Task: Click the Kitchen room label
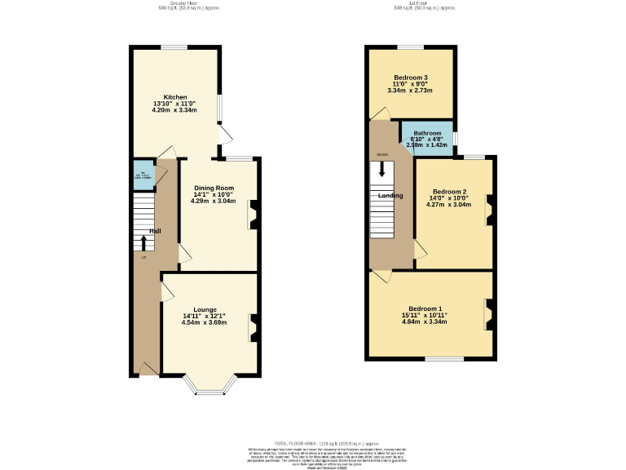click(175, 96)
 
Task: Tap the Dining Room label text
click(214, 188)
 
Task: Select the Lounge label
click(205, 309)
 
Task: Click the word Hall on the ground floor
click(154, 231)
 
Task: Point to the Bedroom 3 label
click(411, 78)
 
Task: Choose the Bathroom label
click(427, 133)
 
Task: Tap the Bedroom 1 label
click(424, 308)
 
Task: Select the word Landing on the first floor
click(390, 196)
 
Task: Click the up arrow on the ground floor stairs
click(143, 242)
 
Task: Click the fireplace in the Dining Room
click(253, 214)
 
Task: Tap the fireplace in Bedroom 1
click(489, 314)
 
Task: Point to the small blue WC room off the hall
click(142, 175)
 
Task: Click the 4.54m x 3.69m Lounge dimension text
click(205, 322)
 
